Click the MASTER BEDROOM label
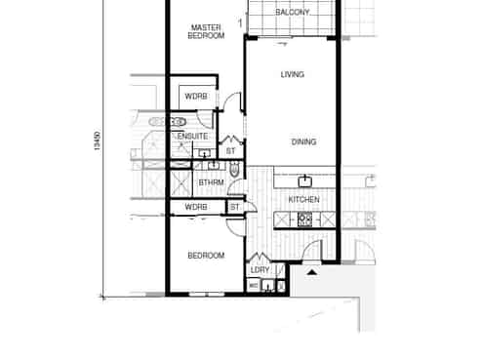(206, 31)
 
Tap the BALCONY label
(293, 13)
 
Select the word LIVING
(292, 75)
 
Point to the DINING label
(303, 142)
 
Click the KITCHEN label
(303, 200)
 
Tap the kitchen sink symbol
(305, 180)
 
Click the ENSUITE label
(192, 137)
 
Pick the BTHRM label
(212, 181)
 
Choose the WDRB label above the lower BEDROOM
(196, 208)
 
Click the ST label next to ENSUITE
(231, 151)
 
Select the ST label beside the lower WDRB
(235, 208)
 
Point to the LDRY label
(260, 270)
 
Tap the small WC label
(253, 285)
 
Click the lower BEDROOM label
(206, 256)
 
